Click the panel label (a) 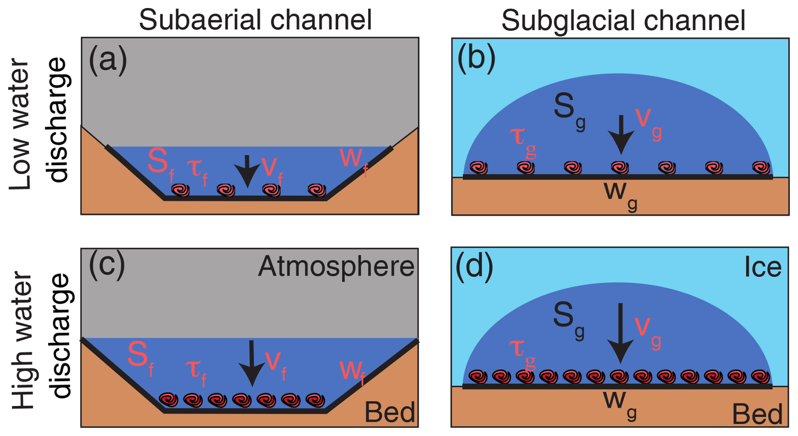(108, 60)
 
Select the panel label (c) (107, 266)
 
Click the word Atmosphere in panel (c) (336, 266)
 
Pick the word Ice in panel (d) (763, 267)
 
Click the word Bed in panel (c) (389, 412)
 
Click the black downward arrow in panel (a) (247, 171)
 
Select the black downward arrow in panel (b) (621, 135)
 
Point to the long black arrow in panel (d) (620, 333)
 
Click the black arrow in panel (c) (252, 363)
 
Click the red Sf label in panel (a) (160, 164)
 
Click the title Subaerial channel (255, 20)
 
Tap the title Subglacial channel (623, 20)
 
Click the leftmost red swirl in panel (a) (181, 190)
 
